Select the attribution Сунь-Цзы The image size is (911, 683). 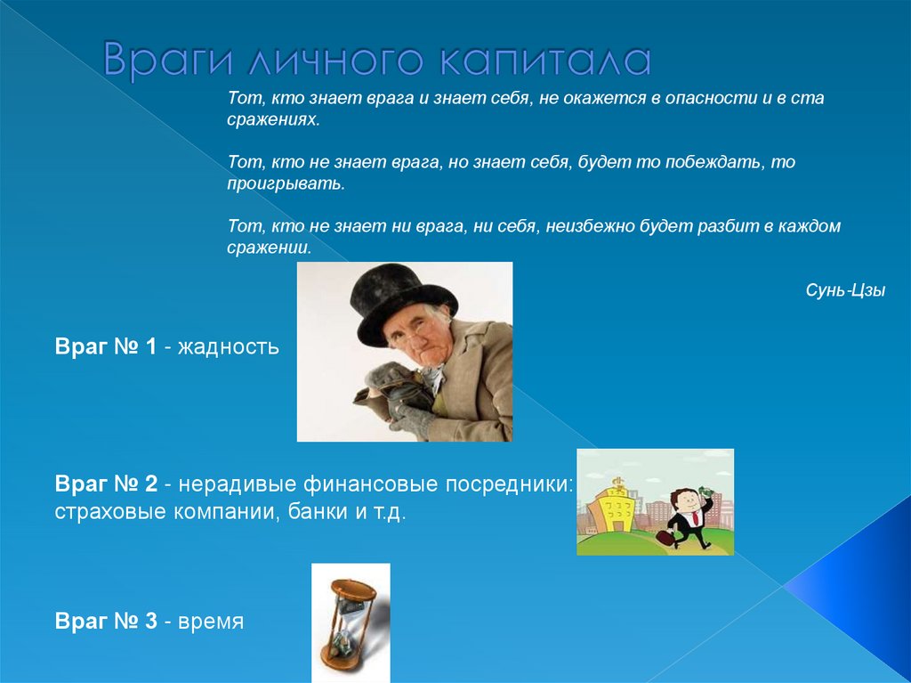pyautogui.click(x=845, y=290)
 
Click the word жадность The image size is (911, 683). pyautogui.click(x=228, y=346)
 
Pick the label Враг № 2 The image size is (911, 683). pyautogui.click(x=107, y=484)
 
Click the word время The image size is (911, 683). pyautogui.click(x=211, y=622)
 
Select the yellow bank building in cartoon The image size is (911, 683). pyautogui.click(x=616, y=509)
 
